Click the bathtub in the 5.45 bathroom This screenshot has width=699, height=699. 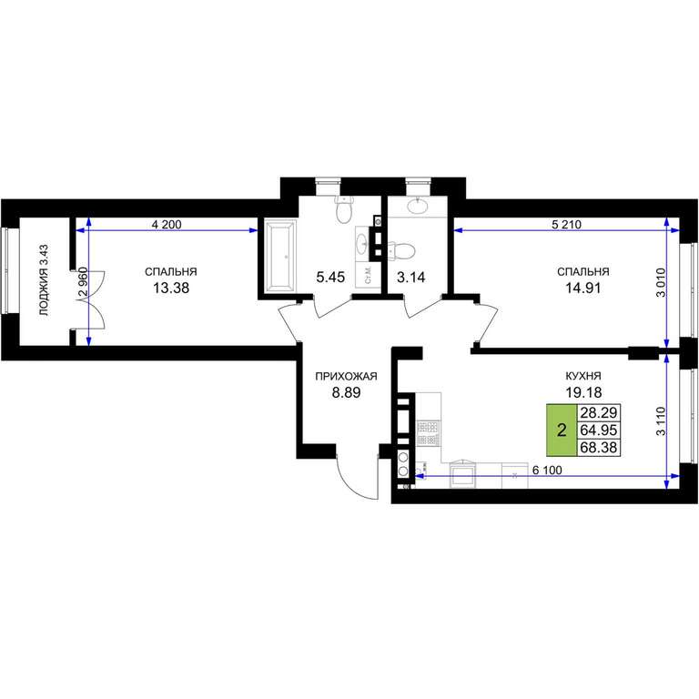[x=280, y=256]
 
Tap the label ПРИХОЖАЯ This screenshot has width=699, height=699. [x=346, y=376]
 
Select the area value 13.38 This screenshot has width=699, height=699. [x=171, y=288]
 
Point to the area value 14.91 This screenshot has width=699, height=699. [x=583, y=288]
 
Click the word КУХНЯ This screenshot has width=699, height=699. [x=583, y=376]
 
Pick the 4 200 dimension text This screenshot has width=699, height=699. [x=167, y=225]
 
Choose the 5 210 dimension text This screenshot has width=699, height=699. [x=566, y=225]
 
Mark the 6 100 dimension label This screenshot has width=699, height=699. [x=547, y=470]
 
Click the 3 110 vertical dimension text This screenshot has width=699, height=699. [x=661, y=420]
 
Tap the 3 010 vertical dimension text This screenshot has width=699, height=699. [x=661, y=282]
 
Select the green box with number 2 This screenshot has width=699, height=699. [x=562, y=431]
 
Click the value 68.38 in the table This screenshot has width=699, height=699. [x=599, y=447]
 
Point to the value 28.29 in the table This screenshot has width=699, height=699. [x=599, y=413]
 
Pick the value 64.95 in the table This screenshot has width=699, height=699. [x=599, y=431]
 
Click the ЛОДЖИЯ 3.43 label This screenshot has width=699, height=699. [x=44, y=280]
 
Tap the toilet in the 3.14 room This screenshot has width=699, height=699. [x=401, y=250]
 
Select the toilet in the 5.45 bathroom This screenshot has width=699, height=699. [x=344, y=209]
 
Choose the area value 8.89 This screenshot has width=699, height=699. [x=346, y=393]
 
